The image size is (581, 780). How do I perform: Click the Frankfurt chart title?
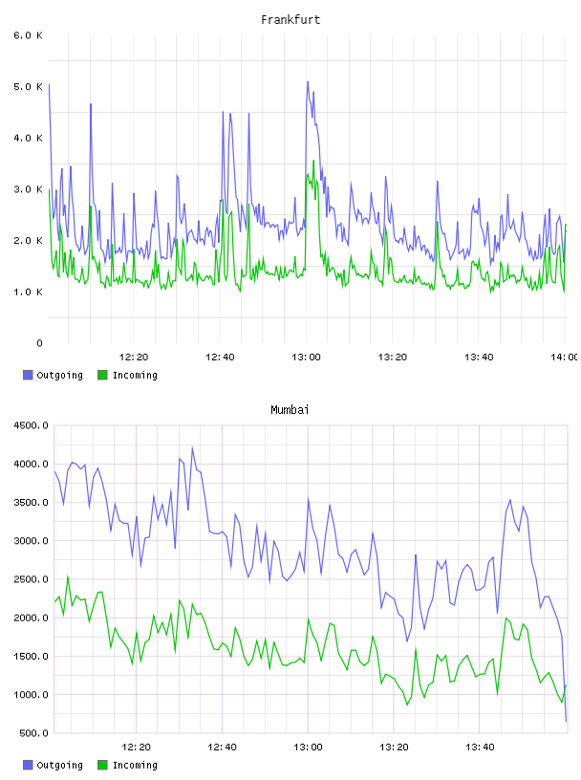tap(290, 19)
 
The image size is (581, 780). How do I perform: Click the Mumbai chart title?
tap(290, 409)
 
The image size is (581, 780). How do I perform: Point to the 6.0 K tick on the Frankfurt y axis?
tap(28, 35)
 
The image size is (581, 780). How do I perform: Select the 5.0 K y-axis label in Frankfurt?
tap(28, 87)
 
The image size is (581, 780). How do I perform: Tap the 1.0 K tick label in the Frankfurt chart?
tap(28, 292)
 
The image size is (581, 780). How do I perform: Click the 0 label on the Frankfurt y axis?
tap(39, 343)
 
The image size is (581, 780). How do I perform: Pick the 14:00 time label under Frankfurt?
tap(565, 357)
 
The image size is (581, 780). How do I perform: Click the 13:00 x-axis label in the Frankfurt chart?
tap(306, 357)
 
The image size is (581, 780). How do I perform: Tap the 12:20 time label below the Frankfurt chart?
tap(134, 357)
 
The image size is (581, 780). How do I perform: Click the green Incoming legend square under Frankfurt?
tap(102, 375)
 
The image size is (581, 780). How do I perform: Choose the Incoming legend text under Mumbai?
tap(135, 765)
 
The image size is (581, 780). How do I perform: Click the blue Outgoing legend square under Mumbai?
tap(28, 765)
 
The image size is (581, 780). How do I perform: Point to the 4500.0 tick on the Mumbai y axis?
tap(31, 425)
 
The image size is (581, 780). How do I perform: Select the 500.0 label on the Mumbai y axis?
tap(33, 733)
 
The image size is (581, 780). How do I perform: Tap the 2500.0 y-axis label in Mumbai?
tap(31, 579)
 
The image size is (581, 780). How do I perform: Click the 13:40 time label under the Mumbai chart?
tap(480, 747)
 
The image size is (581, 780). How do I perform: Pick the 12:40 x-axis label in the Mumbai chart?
tap(222, 747)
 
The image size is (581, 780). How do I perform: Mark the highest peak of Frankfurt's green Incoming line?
tap(313, 161)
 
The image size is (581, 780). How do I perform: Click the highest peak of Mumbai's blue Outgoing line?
tap(192, 447)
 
